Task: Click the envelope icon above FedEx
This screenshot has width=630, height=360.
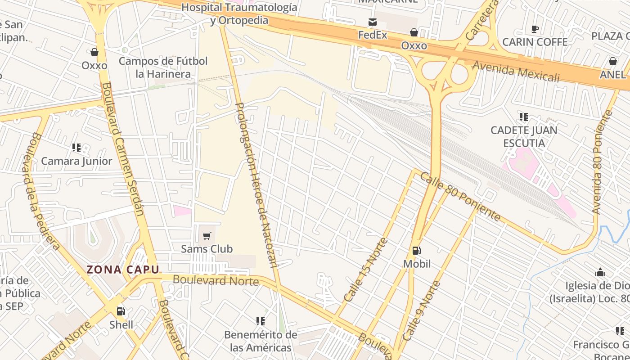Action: [x=373, y=22]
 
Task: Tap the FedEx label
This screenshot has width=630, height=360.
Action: [x=373, y=35]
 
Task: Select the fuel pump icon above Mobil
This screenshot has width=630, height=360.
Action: [x=417, y=251]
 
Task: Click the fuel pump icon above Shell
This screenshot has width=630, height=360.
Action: [x=121, y=311]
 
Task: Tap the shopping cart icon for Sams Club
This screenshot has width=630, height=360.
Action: [x=207, y=236]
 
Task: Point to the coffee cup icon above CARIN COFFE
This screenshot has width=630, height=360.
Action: [x=535, y=29]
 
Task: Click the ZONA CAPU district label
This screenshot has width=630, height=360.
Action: [x=123, y=270]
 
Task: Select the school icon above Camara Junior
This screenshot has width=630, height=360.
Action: [x=76, y=148]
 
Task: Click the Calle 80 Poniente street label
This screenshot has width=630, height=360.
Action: [x=460, y=196]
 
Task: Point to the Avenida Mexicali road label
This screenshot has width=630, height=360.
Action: [x=516, y=72]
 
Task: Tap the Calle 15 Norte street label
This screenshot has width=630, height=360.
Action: [x=365, y=270]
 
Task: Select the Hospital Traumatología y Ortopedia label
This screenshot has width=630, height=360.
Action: [x=239, y=14]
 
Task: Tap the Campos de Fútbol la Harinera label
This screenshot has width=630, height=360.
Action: [x=163, y=67]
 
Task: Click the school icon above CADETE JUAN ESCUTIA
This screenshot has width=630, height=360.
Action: [x=524, y=117]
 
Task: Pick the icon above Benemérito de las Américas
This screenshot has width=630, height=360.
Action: [x=261, y=321]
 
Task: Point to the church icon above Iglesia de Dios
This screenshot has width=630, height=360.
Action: [x=600, y=272]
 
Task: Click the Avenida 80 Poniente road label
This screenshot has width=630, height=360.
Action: [x=603, y=162]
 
